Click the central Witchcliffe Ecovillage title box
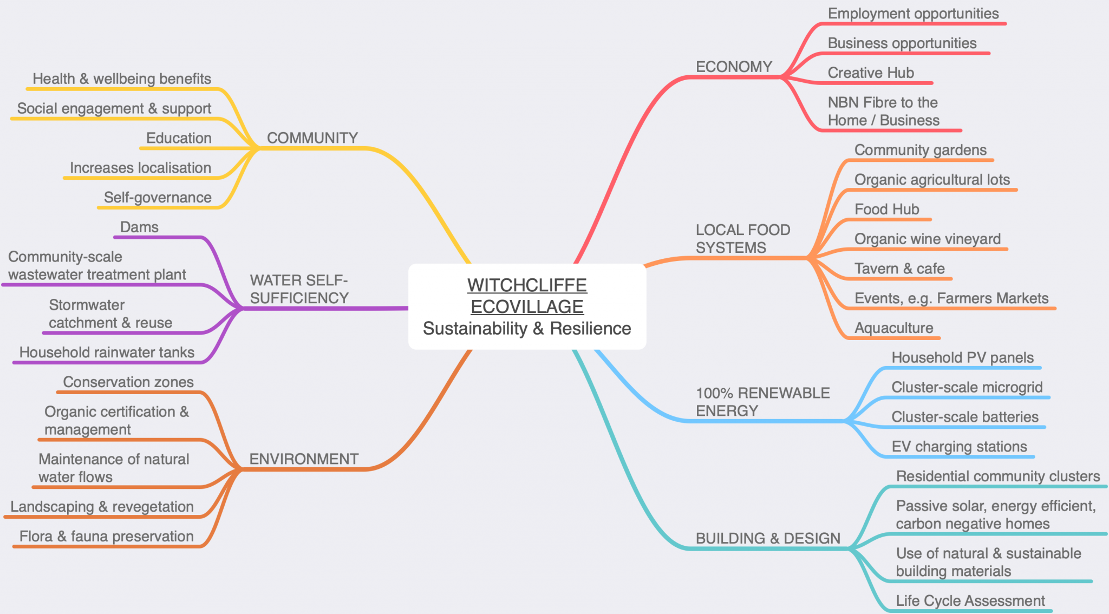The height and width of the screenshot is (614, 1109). pos(527,306)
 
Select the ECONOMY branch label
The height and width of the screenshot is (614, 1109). pos(734,67)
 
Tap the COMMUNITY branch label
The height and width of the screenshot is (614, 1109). pos(312,138)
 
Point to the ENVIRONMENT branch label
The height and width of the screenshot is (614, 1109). pos(303,459)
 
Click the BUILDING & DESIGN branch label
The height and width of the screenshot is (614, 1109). pos(768,538)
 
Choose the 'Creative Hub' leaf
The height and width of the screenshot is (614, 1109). pos(870,73)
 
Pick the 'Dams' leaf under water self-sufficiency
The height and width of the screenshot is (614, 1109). pos(139,227)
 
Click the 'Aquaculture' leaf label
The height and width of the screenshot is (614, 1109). pos(893,328)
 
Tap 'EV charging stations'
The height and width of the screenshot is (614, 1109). pos(959,447)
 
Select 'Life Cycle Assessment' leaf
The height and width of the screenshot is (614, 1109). pos(970,600)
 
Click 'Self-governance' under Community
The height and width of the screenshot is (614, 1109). pos(158,197)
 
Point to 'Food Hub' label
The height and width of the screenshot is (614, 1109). pos(886,209)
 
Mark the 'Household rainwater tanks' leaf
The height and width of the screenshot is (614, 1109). pos(107,352)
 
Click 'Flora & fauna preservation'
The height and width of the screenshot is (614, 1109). pos(106,536)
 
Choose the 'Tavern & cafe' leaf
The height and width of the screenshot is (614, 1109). pos(899,269)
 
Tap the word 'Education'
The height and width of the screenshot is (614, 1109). pos(179,138)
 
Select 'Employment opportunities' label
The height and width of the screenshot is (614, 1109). pos(913,14)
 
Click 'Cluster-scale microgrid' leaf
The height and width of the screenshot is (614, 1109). pos(967,387)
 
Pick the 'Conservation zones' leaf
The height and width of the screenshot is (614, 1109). pos(128,382)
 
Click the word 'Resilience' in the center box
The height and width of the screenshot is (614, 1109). pos(590,328)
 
